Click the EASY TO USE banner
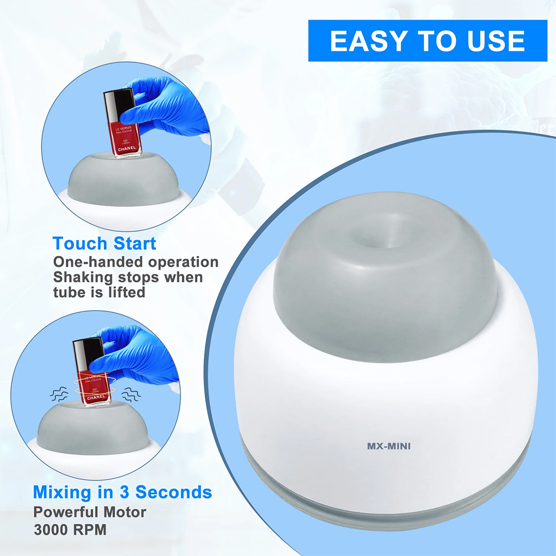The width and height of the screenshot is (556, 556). pyautogui.click(x=428, y=41)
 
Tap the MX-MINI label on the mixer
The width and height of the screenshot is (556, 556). pyautogui.click(x=388, y=446)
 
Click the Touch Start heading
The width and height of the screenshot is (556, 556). pyautogui.click(x=105, y=244)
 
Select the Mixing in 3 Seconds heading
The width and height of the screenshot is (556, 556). pyautogui.click(x=122, y=492)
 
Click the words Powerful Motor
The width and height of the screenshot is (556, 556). pyautogui.click(x=90, y=511)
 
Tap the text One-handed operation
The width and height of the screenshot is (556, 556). pyautogui.click(x=136, y=262)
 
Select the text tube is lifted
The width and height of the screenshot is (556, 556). pyautogui.click(x=100, y=292)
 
